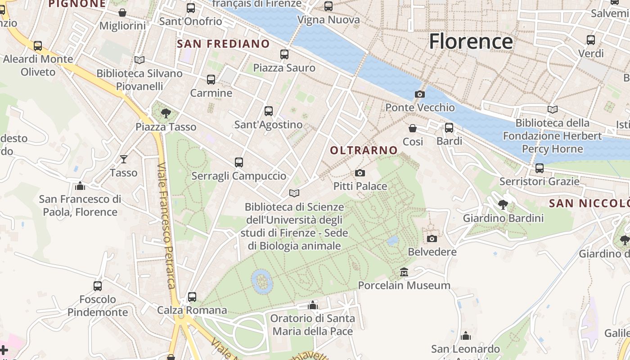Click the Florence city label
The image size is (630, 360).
point(471,41)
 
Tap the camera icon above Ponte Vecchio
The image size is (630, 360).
point(419,94)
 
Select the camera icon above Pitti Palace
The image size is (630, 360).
point(360,173)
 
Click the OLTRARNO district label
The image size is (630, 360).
point(364,150)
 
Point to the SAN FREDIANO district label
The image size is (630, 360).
point(223,44)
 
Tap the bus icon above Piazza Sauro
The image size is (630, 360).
point(284,54)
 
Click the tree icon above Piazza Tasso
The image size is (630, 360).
point(166,113)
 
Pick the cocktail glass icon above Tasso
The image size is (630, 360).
point(123,159)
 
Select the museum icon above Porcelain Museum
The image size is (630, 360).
point(404,272)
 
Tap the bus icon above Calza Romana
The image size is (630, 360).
point(192,297)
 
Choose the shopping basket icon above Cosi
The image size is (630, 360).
point(412,128)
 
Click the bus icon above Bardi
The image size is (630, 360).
point(449,128)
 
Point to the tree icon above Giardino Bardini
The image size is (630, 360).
point(503,205)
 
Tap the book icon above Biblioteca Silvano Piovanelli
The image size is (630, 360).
point(139,60)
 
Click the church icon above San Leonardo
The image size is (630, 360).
point(465,336)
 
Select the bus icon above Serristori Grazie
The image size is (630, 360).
point(539,168)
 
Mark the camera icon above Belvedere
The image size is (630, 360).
point(432,238)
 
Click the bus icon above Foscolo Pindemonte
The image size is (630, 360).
point(97,286)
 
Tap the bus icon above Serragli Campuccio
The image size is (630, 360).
point(238,162)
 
